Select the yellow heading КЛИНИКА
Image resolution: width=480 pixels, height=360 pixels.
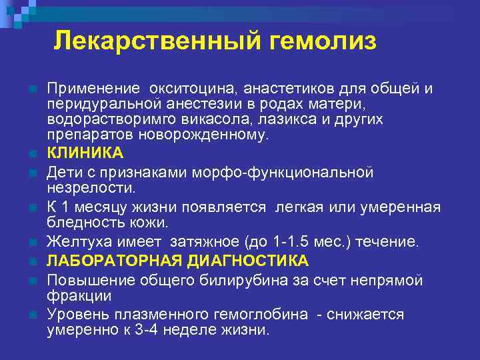85,153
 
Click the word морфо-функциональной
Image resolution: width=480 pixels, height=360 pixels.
292,173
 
